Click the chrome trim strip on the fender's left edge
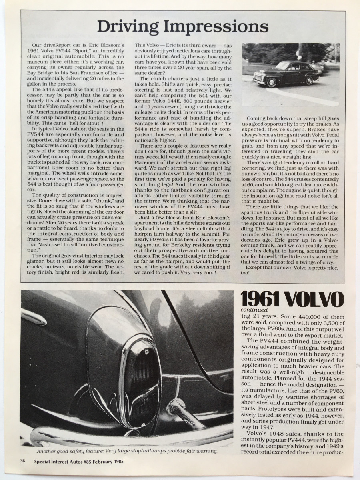click(x=34, y=316)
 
